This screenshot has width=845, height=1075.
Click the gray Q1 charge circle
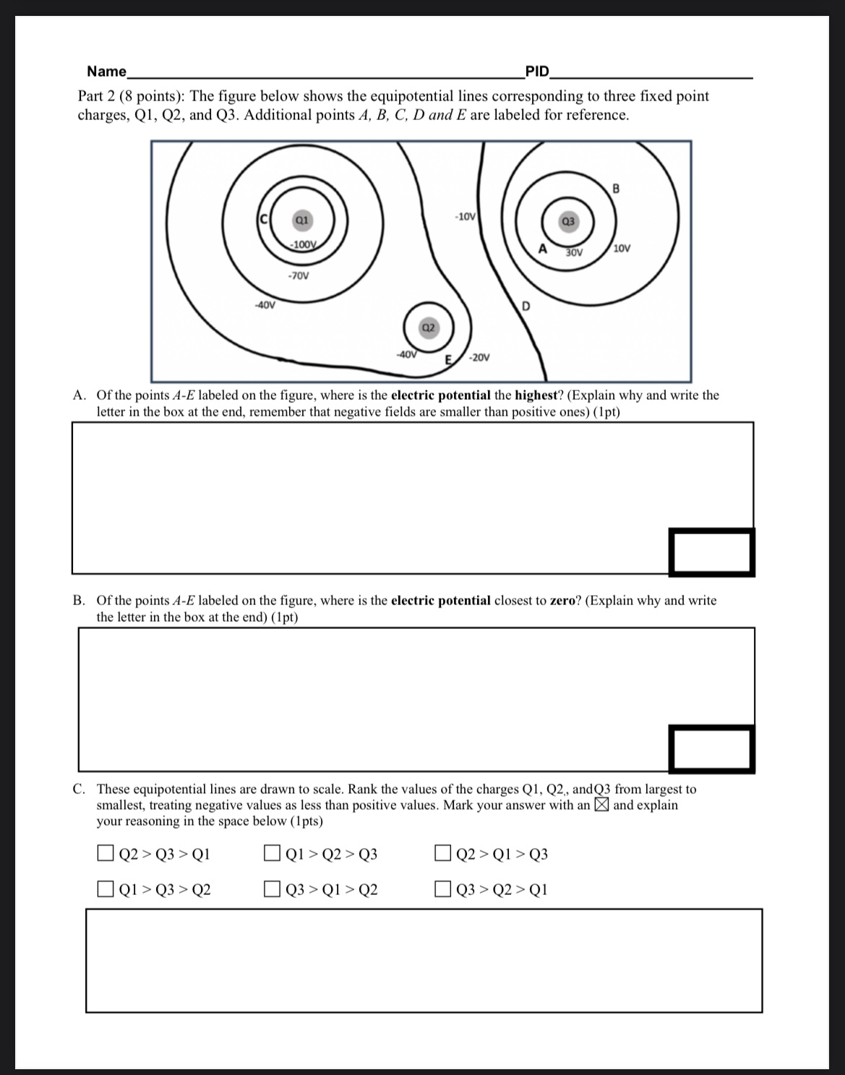(x=302, y=219)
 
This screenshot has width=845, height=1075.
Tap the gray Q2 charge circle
(x=428, y=327)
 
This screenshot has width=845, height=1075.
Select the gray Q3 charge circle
(x=568, y=221)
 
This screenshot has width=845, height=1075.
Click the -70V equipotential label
(x=297, y=275)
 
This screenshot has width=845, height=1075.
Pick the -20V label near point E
(x=479, y=357)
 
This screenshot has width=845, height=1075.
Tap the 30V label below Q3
(x=574, y=253)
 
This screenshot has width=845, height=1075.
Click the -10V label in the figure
(x=465, y=216)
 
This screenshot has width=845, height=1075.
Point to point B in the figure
(x=616, y=189)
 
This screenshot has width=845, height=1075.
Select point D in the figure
(x=526, y=307)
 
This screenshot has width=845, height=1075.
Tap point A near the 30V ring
(x=542, y=249)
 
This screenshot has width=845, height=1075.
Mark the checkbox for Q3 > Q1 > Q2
(x=273, y=888)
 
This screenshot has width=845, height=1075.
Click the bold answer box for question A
(x=711, y=552)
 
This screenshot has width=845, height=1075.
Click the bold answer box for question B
(x=711, y=748)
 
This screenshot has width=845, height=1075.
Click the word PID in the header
(x=537, y=71)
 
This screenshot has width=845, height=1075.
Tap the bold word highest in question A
(x=534, y=395)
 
